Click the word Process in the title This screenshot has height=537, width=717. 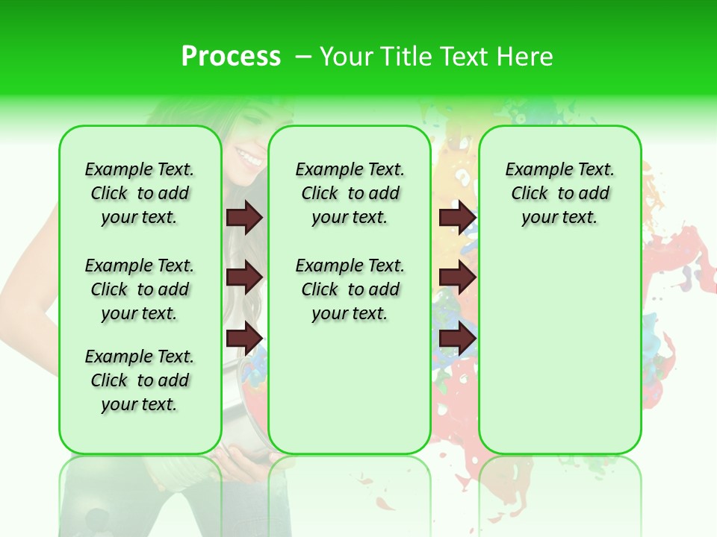tap(231, 57)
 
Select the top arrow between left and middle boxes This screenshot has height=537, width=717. tap(243, 217)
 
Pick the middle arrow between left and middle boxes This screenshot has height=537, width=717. tap(243, 277)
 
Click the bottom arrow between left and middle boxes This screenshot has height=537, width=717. tap(243, 339)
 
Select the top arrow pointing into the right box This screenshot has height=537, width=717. tap(457, 217)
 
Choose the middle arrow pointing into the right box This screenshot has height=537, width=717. tap(457, 277)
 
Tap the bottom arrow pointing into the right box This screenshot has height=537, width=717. tap(457, 339)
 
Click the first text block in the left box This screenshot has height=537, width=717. tap(140, 193)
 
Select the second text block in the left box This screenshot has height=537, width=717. tap(140, 289)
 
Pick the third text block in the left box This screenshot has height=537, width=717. tap(140, 380)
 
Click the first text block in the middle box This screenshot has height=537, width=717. tap(350, 193)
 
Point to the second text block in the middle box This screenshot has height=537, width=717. tap(350, 289)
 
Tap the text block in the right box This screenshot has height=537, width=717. tap(560, 193)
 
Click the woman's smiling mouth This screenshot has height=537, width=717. tap(247, 157)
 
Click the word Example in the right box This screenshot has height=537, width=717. tap(534, 170)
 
